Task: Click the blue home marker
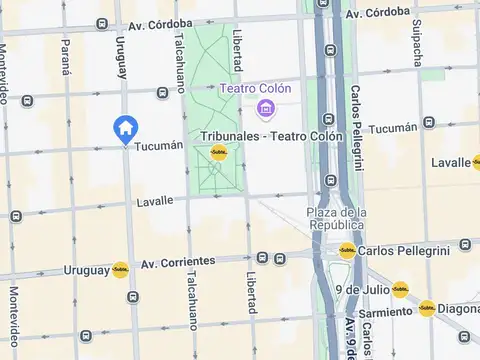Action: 125,128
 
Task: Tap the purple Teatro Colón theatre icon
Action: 266,107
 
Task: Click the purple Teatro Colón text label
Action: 256,89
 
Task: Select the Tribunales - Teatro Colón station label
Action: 271,136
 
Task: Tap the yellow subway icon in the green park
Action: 218,153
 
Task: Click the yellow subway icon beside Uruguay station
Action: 120,269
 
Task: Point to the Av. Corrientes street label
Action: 178,262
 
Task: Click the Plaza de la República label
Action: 337,219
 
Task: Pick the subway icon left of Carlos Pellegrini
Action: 346,250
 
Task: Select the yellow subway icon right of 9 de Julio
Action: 399,289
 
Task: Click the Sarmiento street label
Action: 380,312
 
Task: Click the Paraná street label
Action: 66,59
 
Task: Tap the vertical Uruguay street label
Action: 121,59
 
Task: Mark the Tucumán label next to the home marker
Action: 158,145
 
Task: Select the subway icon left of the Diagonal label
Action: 426,309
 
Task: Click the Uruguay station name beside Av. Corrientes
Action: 86,270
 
